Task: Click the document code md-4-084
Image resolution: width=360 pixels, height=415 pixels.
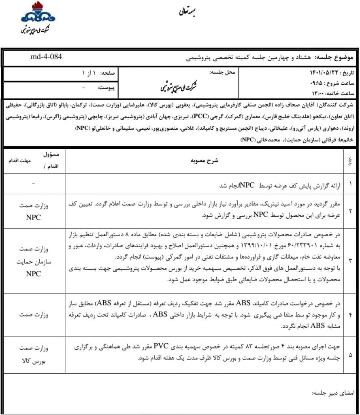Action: click(46, 56)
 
